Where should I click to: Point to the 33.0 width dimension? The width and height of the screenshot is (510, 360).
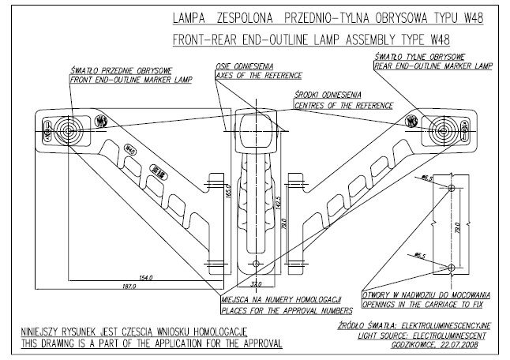(x=255, y=283)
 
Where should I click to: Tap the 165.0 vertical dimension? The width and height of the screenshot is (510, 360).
(x=226, y=192)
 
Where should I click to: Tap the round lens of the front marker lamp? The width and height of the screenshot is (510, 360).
(x=62, y=128)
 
